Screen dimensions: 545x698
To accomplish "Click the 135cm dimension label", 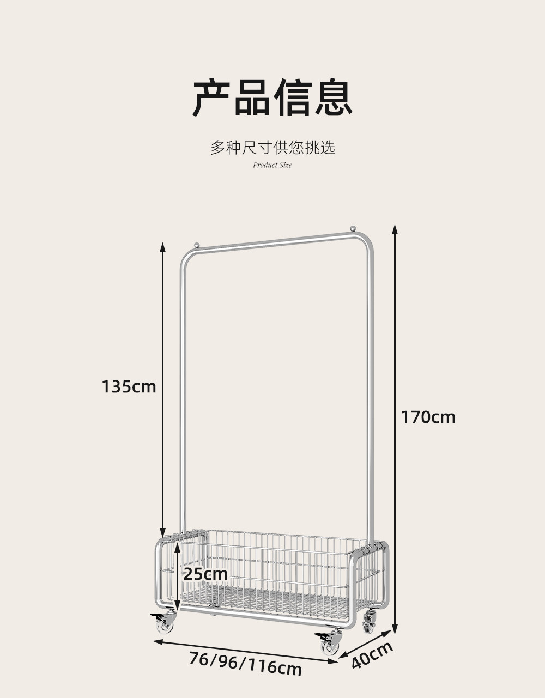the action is coord(129,386).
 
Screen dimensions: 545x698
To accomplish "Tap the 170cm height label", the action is coord(428,417).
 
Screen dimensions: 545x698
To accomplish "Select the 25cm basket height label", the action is coord(205,574).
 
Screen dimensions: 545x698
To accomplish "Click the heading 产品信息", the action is coord(272,97).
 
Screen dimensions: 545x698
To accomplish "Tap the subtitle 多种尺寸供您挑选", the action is coord(272,148).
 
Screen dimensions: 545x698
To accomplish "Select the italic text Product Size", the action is coord(272,165).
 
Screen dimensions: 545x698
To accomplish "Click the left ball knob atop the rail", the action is coord(197,245).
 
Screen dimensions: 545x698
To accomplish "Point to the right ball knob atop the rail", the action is coord(353,228).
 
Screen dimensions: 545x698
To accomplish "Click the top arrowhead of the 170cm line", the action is coord(395,229).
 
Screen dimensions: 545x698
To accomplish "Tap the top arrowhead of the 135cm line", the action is coord(163,247).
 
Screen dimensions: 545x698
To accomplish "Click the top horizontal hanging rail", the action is coord(276,241).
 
